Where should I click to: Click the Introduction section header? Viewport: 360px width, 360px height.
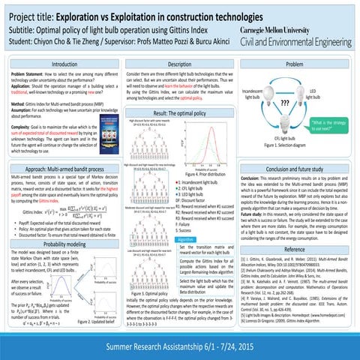point(61,66)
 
